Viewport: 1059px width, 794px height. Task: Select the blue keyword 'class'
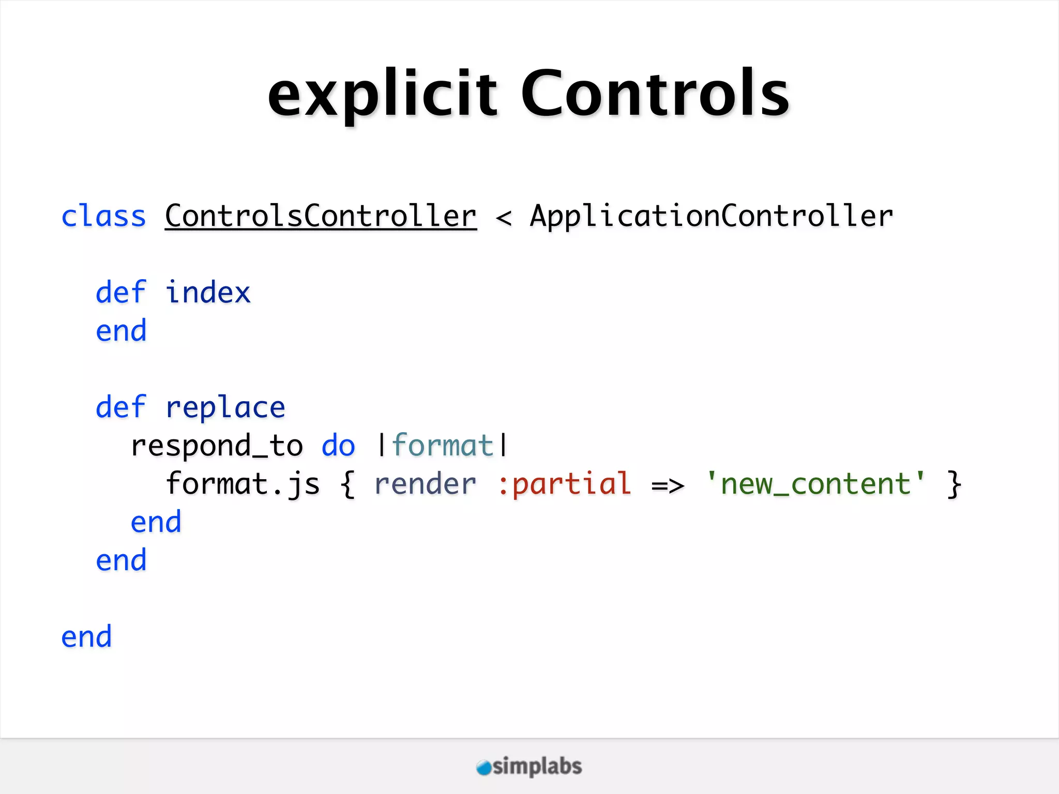click(103, 216)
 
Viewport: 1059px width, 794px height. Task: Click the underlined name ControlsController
click(321, 216)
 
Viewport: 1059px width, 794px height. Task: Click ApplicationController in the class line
click(712, 216)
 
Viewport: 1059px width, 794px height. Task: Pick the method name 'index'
click(208, 293)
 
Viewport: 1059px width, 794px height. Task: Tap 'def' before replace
click(121, 407)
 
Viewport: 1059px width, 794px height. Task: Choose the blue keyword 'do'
click(338, 446)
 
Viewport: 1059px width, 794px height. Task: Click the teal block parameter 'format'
click(443, 446)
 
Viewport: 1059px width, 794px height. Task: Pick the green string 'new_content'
click(815, 484)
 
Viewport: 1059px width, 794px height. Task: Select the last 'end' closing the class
click(86, 637)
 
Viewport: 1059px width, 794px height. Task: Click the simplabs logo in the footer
click(529, 767)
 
